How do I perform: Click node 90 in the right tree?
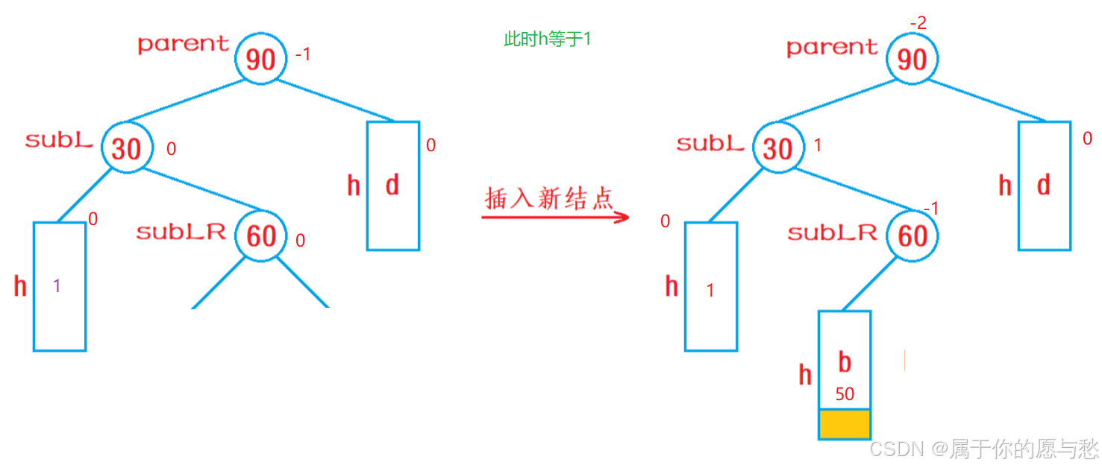(x=912, y=60)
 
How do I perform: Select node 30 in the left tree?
(x=127, y=148)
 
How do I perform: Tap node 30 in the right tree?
(x=778, y=148)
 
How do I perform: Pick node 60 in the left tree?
(x=261, y=236)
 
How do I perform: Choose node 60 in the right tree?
(x=912, y=236)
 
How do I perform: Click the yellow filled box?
(x=845, y=424)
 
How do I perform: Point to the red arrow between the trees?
(x=555, y=218)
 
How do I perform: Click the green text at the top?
(x=548, y=39)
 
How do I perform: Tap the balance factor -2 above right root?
(x=918, y=24)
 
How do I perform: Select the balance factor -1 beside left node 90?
(x=303, y=55)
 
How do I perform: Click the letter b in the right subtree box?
(x=845, y=362)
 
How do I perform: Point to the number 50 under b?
(x=845, y=394)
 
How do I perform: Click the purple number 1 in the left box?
(x=57, y=285)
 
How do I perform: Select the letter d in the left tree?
(x=392, y=185)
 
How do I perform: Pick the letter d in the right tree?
(x=1044, y=185)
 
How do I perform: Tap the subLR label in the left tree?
(x=181, y=232)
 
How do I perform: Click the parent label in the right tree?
(x=832, y=48)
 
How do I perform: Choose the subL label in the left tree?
(x=59, y=139)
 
